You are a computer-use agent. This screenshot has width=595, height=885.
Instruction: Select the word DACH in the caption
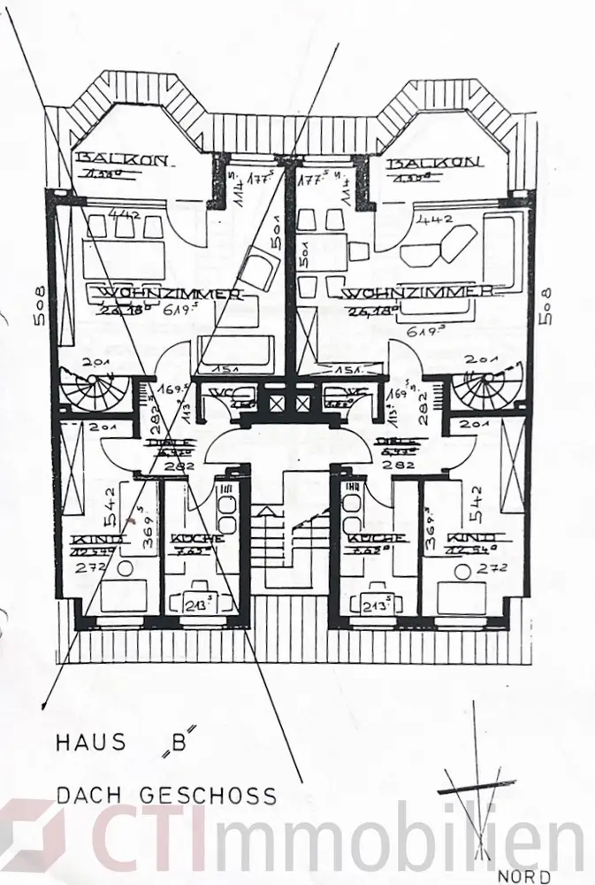(x=87, y=796)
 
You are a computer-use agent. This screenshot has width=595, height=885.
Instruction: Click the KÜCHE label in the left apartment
(x=196, y=539)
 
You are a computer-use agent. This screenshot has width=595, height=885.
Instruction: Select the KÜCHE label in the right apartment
(x=376, y=538)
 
